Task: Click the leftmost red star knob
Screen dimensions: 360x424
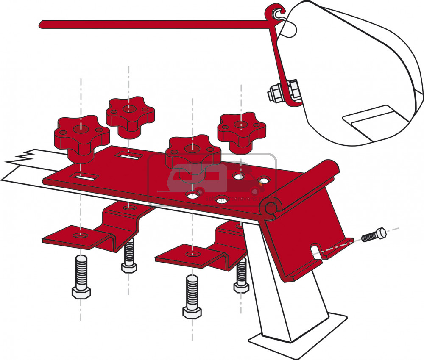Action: click(81, 135)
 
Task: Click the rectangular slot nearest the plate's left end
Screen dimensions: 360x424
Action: click(83, 177)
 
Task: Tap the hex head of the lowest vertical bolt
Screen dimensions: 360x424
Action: click(192, 313)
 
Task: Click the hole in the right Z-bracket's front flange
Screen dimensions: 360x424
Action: click(193, 254)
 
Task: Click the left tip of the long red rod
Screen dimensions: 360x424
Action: click(41, 24)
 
